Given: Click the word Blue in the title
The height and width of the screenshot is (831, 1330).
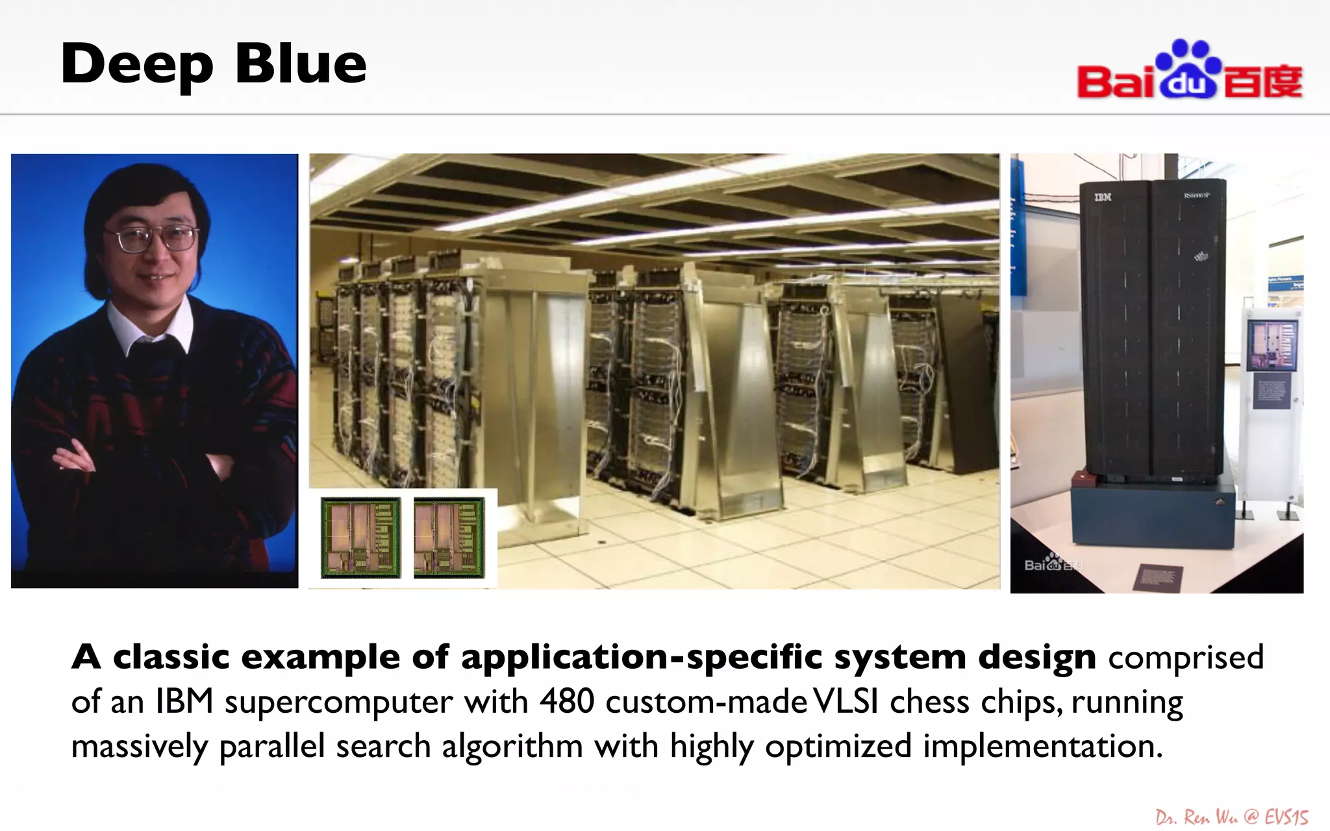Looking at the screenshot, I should pos(301,64).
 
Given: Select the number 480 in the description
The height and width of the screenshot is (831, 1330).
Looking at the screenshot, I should pos(566,702).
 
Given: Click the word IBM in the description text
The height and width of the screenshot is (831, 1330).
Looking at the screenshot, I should pos(184,702).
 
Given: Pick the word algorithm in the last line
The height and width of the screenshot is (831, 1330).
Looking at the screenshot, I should pos(512,746).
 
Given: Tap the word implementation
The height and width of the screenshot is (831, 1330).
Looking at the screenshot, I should pos(1042,746).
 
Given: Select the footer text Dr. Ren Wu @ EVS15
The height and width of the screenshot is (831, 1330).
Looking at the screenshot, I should pos(1231,817).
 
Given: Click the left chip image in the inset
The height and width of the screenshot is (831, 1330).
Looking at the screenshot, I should pos(360,538).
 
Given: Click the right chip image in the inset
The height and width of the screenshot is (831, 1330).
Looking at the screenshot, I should pos(449,538).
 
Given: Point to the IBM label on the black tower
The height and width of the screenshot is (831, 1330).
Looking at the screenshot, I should pos(1102,197).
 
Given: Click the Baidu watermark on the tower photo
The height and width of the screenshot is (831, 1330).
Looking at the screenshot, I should pos(1052,565).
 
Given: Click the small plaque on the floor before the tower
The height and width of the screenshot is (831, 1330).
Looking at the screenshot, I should pos(1157,577).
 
